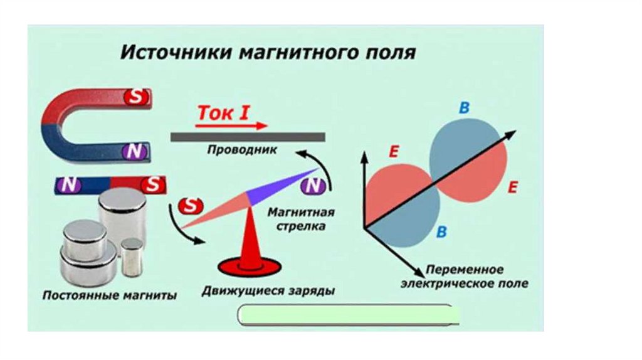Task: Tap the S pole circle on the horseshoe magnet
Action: tap(137, 97)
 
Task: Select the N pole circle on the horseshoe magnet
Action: tap(135, 151)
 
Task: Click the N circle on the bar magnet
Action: tap(70, 184)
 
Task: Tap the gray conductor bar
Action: tap(248, 136)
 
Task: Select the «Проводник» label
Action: tap(241, 150)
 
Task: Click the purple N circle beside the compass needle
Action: tap(312, 186)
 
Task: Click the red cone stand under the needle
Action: tap(250, 248)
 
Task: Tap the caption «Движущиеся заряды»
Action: tap(268, 292)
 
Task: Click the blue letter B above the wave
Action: tap(464, 108)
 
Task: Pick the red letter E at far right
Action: tap(513, 187)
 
